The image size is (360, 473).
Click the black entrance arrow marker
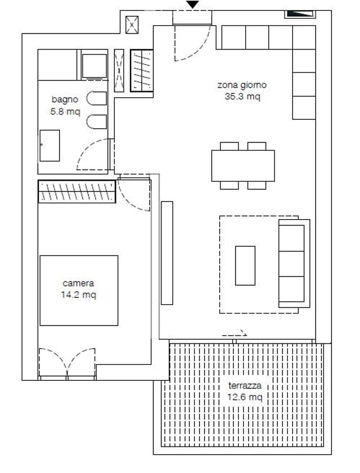coord(192,5)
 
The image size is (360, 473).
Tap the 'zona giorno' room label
coord(242,85)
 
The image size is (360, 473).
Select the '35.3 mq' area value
coord(243,96)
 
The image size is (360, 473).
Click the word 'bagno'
coord(65,99)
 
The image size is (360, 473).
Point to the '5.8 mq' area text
coord(65,111)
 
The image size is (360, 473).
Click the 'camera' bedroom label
coord(78,283)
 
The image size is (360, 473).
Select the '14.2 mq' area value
coord(78,294)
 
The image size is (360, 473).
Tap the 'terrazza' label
coord(245,386)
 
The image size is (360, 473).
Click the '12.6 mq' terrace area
coord(245,397)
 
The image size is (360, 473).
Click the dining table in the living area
coord(243,166)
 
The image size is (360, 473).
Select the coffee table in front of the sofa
coord(245,266)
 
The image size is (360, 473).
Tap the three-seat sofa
coord(294,263)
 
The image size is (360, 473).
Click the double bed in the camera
coord(79,290)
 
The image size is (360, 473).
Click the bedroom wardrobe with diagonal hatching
coord(77,192)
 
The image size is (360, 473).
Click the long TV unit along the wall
coord(167,253)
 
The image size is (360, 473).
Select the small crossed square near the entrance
coord(132,25)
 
